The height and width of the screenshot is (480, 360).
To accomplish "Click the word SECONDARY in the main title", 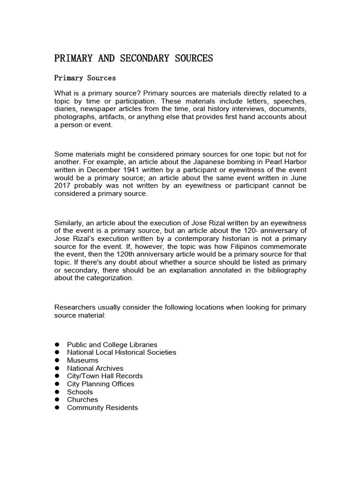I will [137, 58].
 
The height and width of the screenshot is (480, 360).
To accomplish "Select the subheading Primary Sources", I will [85, 78].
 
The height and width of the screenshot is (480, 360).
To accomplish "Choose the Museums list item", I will [82, 360].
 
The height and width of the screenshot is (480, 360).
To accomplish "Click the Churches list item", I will [82, 399].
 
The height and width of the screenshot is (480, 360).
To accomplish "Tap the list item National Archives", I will [95, 368].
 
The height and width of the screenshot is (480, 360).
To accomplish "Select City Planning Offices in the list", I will [100, 384].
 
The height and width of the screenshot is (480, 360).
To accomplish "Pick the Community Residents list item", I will [102, 407].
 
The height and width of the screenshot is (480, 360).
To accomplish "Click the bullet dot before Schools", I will [57, 392].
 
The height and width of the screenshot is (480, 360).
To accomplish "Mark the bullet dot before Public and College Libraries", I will [57, 345].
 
